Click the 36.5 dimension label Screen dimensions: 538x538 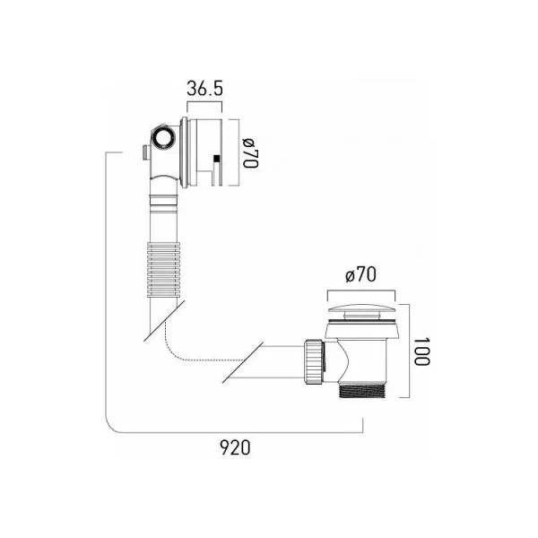pos(204,90)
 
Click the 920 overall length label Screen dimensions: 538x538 pos(236,447)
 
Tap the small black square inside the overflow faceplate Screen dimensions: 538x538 pos(216,161)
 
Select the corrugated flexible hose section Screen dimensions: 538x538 pos(164,256)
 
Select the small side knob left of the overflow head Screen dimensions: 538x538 pos(143,152)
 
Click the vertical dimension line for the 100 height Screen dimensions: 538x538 pos(409,350)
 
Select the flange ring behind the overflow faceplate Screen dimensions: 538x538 pos(186,150)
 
